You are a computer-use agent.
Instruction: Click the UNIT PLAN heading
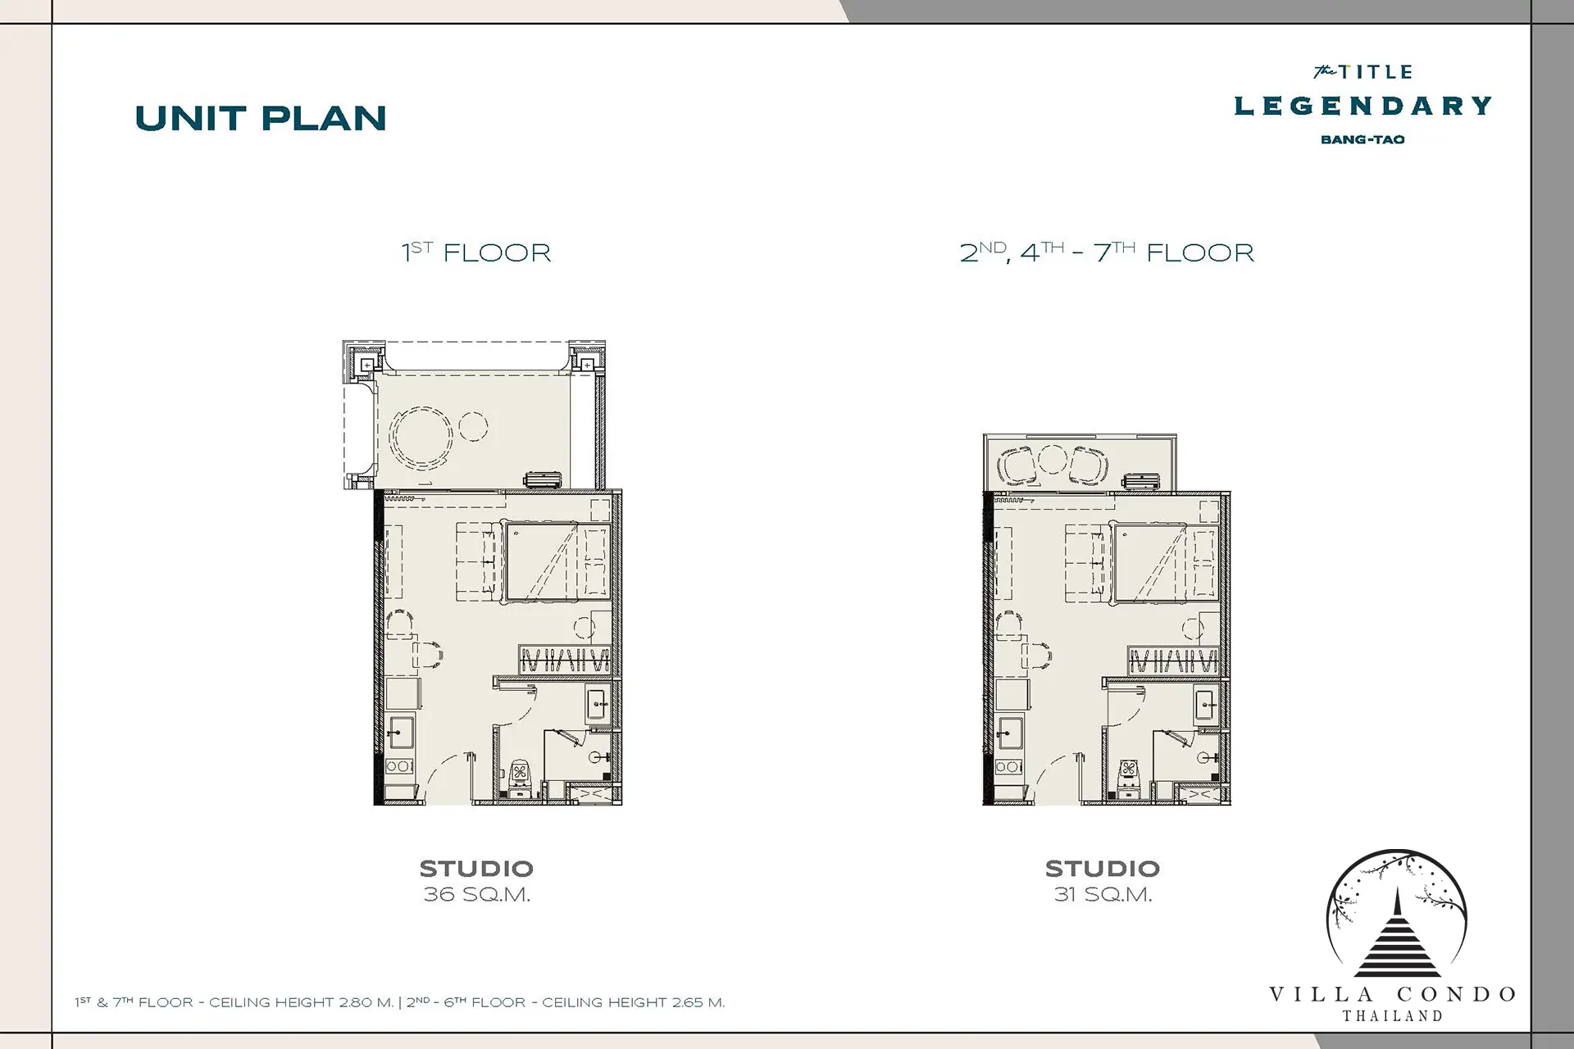261,119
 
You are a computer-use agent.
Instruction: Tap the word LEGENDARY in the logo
1362,106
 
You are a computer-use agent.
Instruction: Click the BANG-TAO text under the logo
1362,139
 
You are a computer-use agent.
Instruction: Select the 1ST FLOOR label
476,252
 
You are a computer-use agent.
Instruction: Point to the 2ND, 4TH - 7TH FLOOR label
1107,252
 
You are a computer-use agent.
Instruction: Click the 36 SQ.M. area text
476,895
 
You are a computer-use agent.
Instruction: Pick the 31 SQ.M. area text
1103,895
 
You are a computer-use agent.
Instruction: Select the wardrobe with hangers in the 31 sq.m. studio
1172,661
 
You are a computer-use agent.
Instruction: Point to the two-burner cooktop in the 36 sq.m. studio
399,767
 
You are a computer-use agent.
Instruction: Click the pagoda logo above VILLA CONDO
1397,914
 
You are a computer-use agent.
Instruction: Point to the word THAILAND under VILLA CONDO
1392,1016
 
